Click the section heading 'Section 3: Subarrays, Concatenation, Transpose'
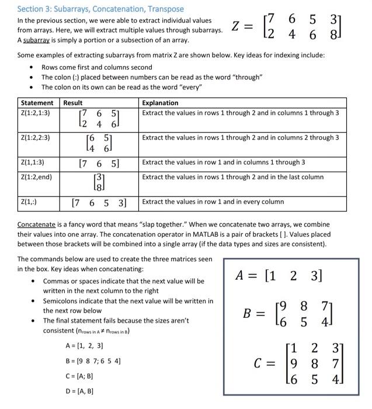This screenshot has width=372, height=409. [100, 9]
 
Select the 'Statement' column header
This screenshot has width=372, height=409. [37, 103]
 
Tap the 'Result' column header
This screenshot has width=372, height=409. [73, 103]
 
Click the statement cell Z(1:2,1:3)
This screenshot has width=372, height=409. [35, 113]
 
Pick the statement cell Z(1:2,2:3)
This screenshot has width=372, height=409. [35, 138]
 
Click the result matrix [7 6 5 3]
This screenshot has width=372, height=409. [99, 203]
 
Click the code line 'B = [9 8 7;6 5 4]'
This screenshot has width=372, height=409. [93, 361]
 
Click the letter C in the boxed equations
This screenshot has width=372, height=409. [260, 363]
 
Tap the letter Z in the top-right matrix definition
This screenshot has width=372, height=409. [236, 26]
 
